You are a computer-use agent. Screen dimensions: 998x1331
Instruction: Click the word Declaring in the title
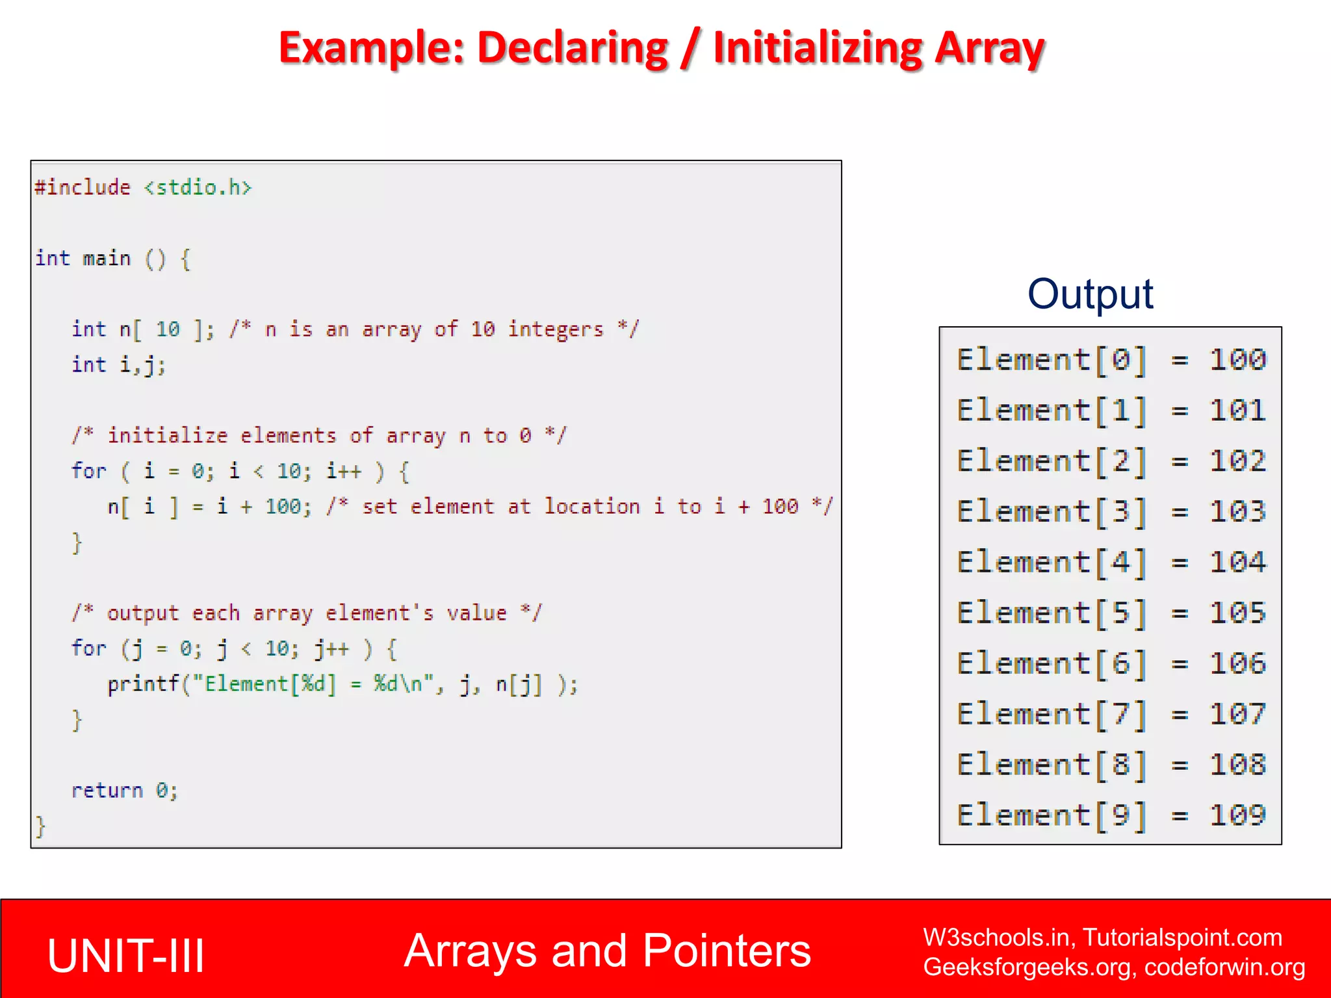click(572, 49)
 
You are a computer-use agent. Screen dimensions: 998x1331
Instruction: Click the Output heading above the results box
click(1090, 294)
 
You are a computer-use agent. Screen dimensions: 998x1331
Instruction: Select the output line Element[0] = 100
click(1111, 360)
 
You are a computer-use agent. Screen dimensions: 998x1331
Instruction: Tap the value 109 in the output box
click(1237, 815)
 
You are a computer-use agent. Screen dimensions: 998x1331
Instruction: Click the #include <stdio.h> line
click(143, 188)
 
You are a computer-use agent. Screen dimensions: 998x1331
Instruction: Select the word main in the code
click(107, 259)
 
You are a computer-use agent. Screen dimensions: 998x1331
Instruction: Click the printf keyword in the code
click(143, 684)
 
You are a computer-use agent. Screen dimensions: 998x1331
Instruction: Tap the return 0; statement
click(124, 791)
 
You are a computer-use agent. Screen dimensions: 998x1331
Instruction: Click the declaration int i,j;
click(118, 365)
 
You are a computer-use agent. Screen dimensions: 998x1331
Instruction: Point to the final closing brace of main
click(40, 826)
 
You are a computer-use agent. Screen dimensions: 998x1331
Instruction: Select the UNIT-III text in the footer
click(126, 955)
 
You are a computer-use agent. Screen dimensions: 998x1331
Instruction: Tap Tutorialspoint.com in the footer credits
click(1182, 938)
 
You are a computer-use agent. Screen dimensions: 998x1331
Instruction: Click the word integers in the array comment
click(556, 329)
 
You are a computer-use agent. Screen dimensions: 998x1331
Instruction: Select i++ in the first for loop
click(343, 471)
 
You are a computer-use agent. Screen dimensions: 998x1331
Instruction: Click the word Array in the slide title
click(989, 49)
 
